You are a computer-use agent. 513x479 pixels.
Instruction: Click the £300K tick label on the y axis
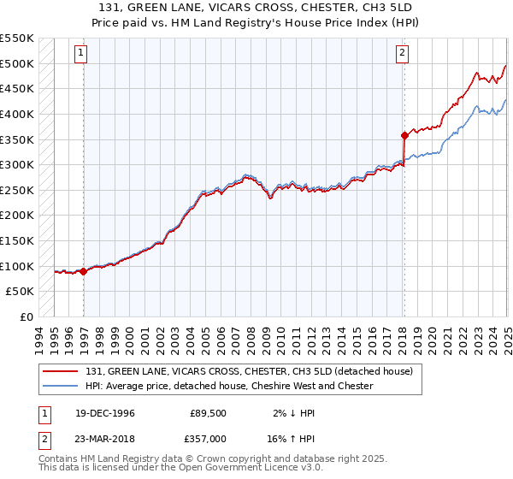point(16,164)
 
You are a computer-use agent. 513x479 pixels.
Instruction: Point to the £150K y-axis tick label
point(16,240)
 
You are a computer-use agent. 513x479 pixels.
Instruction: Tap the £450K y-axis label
point(16,88)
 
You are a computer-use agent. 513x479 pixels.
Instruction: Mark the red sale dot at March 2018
point(404,135)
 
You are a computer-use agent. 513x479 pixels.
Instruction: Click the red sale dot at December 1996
point(84,271)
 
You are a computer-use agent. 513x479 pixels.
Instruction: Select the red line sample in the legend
point(62,371)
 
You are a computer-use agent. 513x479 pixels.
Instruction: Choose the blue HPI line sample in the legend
point(62,386)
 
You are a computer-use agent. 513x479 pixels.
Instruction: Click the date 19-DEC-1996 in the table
point(98,413)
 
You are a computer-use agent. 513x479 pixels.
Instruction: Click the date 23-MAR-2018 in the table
point(98,437)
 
